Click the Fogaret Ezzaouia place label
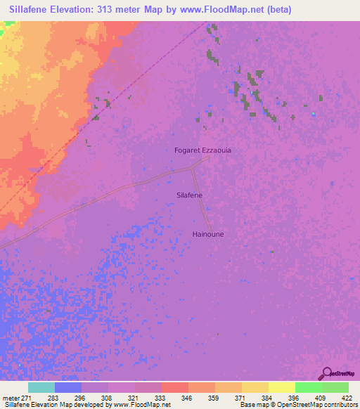[x=202, y=150]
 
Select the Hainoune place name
[x=208, y=234]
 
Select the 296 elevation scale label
[x=95, y=397]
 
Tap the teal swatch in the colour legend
[x=41, y=387]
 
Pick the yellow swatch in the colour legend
[x=281, y=387]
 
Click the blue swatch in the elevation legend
[x=68, y=387]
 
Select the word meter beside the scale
[x=10, y=397]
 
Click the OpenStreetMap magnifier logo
[x=326, y=373]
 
